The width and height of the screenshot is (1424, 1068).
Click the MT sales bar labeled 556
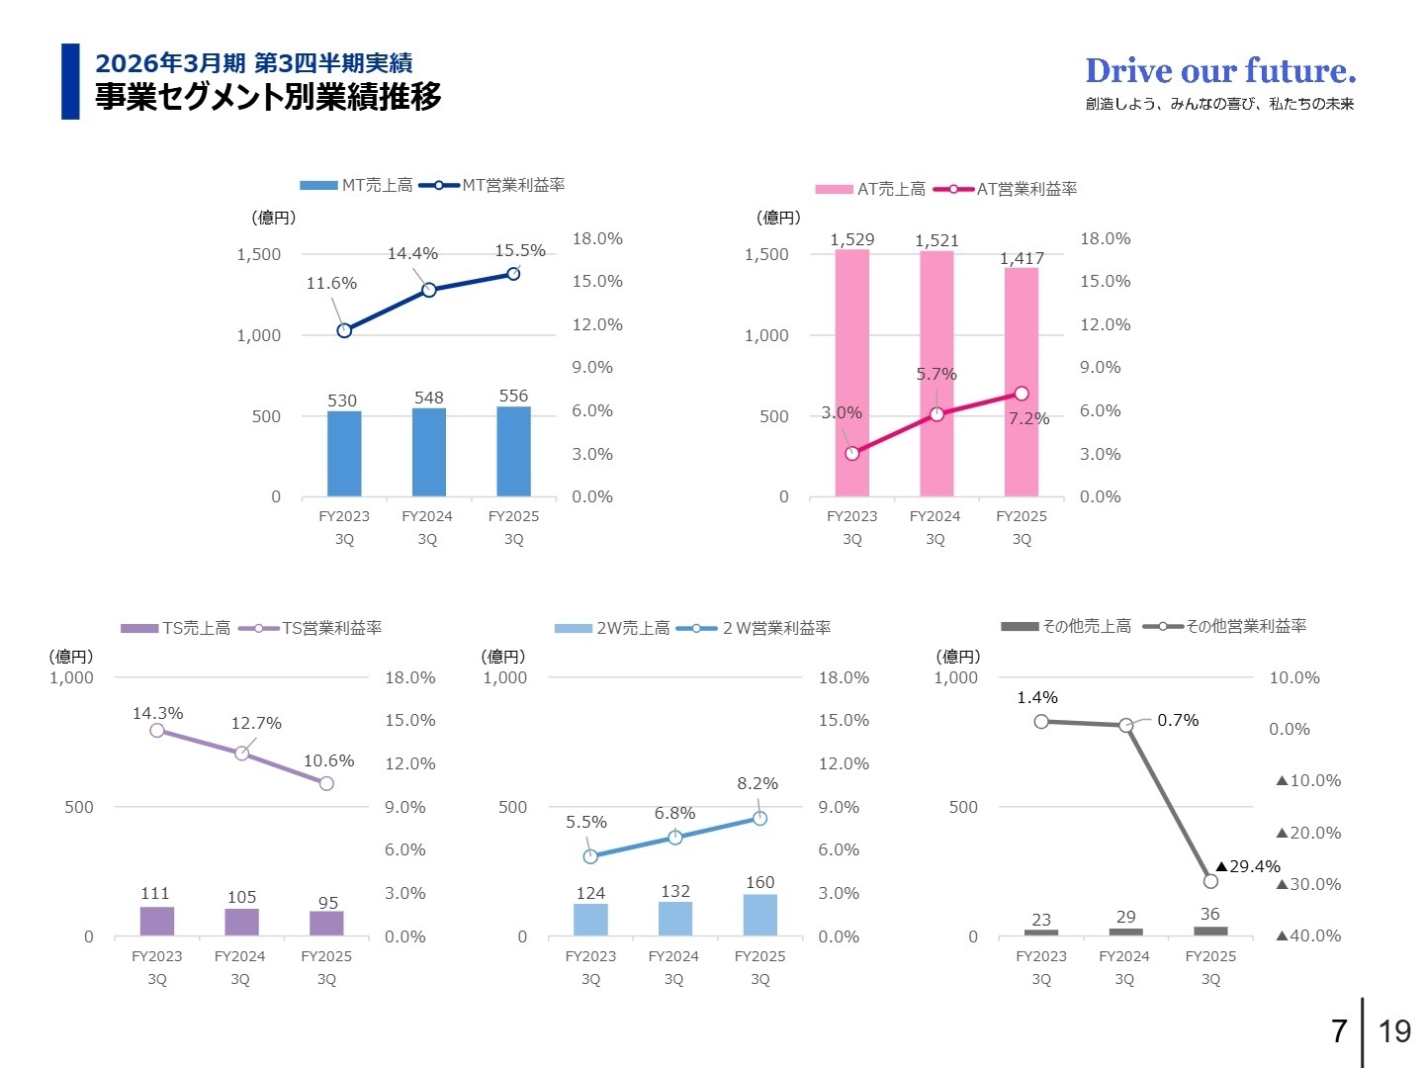[513, 451]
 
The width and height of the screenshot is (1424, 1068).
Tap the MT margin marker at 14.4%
[428, 290]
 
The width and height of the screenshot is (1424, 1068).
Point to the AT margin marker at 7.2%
[1021, 394]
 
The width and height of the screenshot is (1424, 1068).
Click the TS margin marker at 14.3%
[157, 731]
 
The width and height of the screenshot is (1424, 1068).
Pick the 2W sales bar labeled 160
[759, 915]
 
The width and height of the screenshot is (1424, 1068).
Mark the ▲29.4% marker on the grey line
[1210, 881]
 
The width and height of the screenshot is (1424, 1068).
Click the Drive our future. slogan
[1220, 71]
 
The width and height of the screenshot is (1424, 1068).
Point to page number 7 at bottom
[1339, 1031]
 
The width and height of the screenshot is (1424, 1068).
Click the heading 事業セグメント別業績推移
[268, 97]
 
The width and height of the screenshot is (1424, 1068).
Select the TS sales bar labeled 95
[326, 923]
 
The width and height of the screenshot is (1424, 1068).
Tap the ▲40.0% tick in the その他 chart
[1308, 935]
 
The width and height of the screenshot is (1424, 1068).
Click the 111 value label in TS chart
[155, 894]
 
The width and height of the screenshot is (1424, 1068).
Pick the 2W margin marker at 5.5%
[590, 856]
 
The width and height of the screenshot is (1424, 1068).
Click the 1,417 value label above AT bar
[1022, 258]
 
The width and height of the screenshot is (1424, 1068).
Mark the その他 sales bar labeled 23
[1041, 932]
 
